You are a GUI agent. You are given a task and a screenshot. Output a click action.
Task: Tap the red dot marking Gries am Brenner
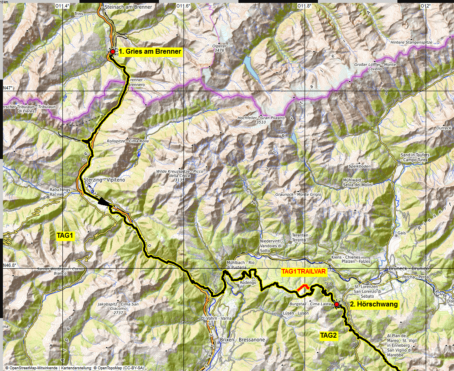tap(112, 52)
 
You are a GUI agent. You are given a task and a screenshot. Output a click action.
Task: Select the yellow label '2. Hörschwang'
tap(374, 304)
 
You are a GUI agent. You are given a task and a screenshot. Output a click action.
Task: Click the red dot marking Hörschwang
tap(337, 304)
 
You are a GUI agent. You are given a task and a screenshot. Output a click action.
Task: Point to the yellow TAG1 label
tap(65, 236)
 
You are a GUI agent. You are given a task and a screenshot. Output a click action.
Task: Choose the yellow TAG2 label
tap(328, 335)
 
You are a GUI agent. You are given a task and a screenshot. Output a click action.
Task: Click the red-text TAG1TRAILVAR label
tap(304, 271)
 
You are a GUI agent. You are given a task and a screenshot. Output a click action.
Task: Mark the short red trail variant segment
tap(303, 287)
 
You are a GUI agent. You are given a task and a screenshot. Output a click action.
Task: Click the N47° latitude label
tap(8, 88)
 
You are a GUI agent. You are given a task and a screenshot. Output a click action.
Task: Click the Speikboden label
tap(360, 167)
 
